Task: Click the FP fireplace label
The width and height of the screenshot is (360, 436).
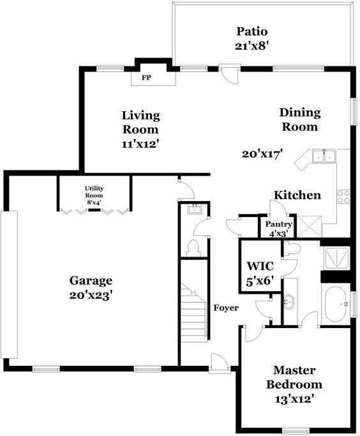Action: coord(146,78)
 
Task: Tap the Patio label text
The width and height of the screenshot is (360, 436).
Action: coord(251,31)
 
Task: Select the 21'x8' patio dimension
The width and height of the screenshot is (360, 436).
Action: coord(251,45)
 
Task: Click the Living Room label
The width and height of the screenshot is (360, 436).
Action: coord(140,122)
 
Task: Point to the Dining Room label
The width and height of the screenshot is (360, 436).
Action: coord(299,119)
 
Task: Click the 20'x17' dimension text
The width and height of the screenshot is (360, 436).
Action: coord(262,153)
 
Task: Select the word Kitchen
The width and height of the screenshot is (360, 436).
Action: coord(297,195)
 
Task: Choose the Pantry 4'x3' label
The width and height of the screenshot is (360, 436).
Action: coord(279,228)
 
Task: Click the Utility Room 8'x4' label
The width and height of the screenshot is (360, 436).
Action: coord(94,195)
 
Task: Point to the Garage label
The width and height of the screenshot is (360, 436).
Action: coord(91,280)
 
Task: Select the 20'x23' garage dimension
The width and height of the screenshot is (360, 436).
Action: coord(91,295)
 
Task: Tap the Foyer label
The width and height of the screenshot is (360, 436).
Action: coord(226,308)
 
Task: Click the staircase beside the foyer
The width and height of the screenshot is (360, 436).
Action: coord(193,313)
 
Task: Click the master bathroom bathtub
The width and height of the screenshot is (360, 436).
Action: coord(335,305)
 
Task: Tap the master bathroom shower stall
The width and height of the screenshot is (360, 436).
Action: coord(336,257)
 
